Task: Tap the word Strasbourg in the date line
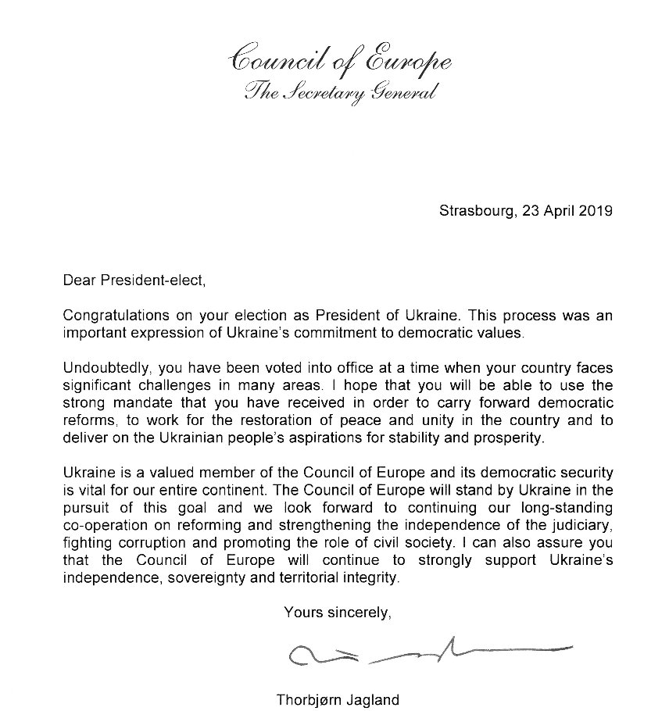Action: pos(473,211)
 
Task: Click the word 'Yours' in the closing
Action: pos(302,613)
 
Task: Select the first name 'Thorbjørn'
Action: pos(308,699)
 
